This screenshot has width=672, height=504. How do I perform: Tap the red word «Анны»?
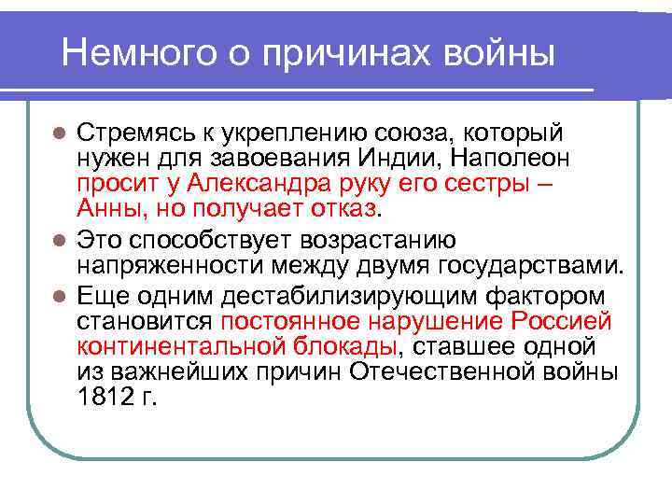coord(111,207)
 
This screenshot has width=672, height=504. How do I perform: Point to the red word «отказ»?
coord(345,207)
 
